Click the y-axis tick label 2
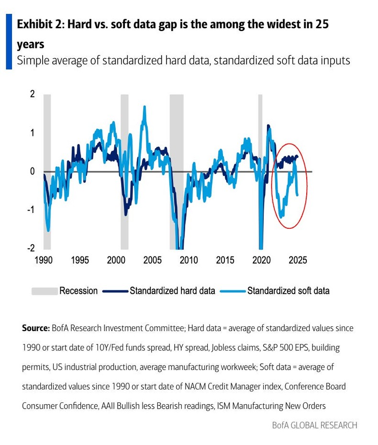tap(32, 94)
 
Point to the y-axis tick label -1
tap(31, 210)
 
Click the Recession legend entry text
tap(78, 291)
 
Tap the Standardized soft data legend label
tap(288, 291)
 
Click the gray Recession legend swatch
tap(44, 291)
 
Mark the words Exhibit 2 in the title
tap(40, 25)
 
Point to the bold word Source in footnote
tap(35, 328)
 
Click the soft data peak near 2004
tap(145, 107)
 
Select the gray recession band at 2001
tap(124, 172)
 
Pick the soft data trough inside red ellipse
tap(281, 216)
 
